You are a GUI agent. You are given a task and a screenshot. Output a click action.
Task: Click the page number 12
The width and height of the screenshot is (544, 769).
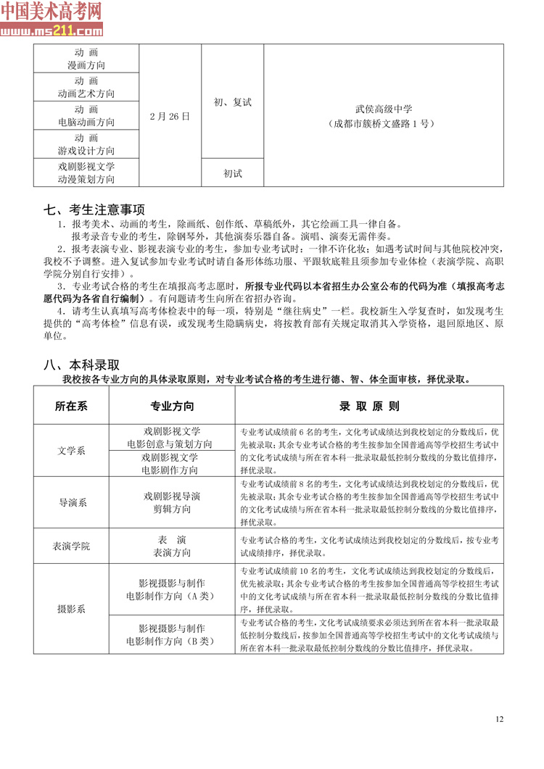point(499,719)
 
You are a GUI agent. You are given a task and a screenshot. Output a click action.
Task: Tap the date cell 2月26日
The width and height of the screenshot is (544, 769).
point(169,116)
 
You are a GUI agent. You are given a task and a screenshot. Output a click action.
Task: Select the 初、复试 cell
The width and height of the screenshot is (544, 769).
point(232,102)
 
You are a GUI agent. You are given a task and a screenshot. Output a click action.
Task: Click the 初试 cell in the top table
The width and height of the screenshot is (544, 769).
point(232,173)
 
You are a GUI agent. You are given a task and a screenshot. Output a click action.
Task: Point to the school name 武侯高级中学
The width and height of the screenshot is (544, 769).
point(383,109)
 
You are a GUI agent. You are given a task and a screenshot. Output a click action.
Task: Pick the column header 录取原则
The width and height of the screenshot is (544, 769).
point(369,406)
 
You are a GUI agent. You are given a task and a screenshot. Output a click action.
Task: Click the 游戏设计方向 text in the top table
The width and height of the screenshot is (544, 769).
point(86,151)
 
